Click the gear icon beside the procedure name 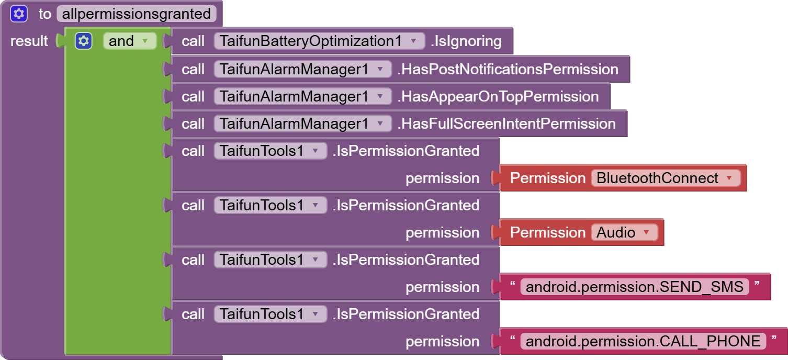(19, 14)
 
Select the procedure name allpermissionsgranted (136, 14)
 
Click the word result (29, 41)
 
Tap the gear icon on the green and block (84, 41)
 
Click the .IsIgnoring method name (466, 41)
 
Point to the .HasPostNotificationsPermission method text (508, 69)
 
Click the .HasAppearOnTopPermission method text (498, 96)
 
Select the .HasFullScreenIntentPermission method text (506, 123)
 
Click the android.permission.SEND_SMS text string (634, 287)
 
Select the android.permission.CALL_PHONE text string (643, 341)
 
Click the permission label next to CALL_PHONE (442, 341)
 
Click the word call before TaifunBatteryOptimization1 (193, 41)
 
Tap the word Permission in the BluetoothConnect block (547, 178)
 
